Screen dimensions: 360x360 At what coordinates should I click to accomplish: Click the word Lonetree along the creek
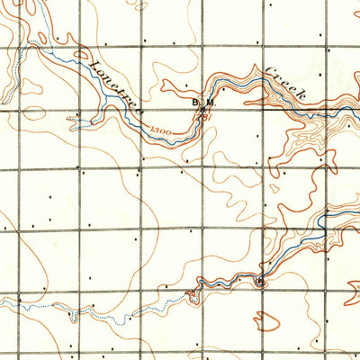coord(112,83)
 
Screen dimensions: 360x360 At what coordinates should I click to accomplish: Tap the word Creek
coord(286,85)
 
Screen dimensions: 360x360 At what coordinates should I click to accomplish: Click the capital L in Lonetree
coord(94,64)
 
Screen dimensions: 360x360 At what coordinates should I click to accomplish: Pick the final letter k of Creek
coord(303,99)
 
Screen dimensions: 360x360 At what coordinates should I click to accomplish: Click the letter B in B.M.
coord(193,103)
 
